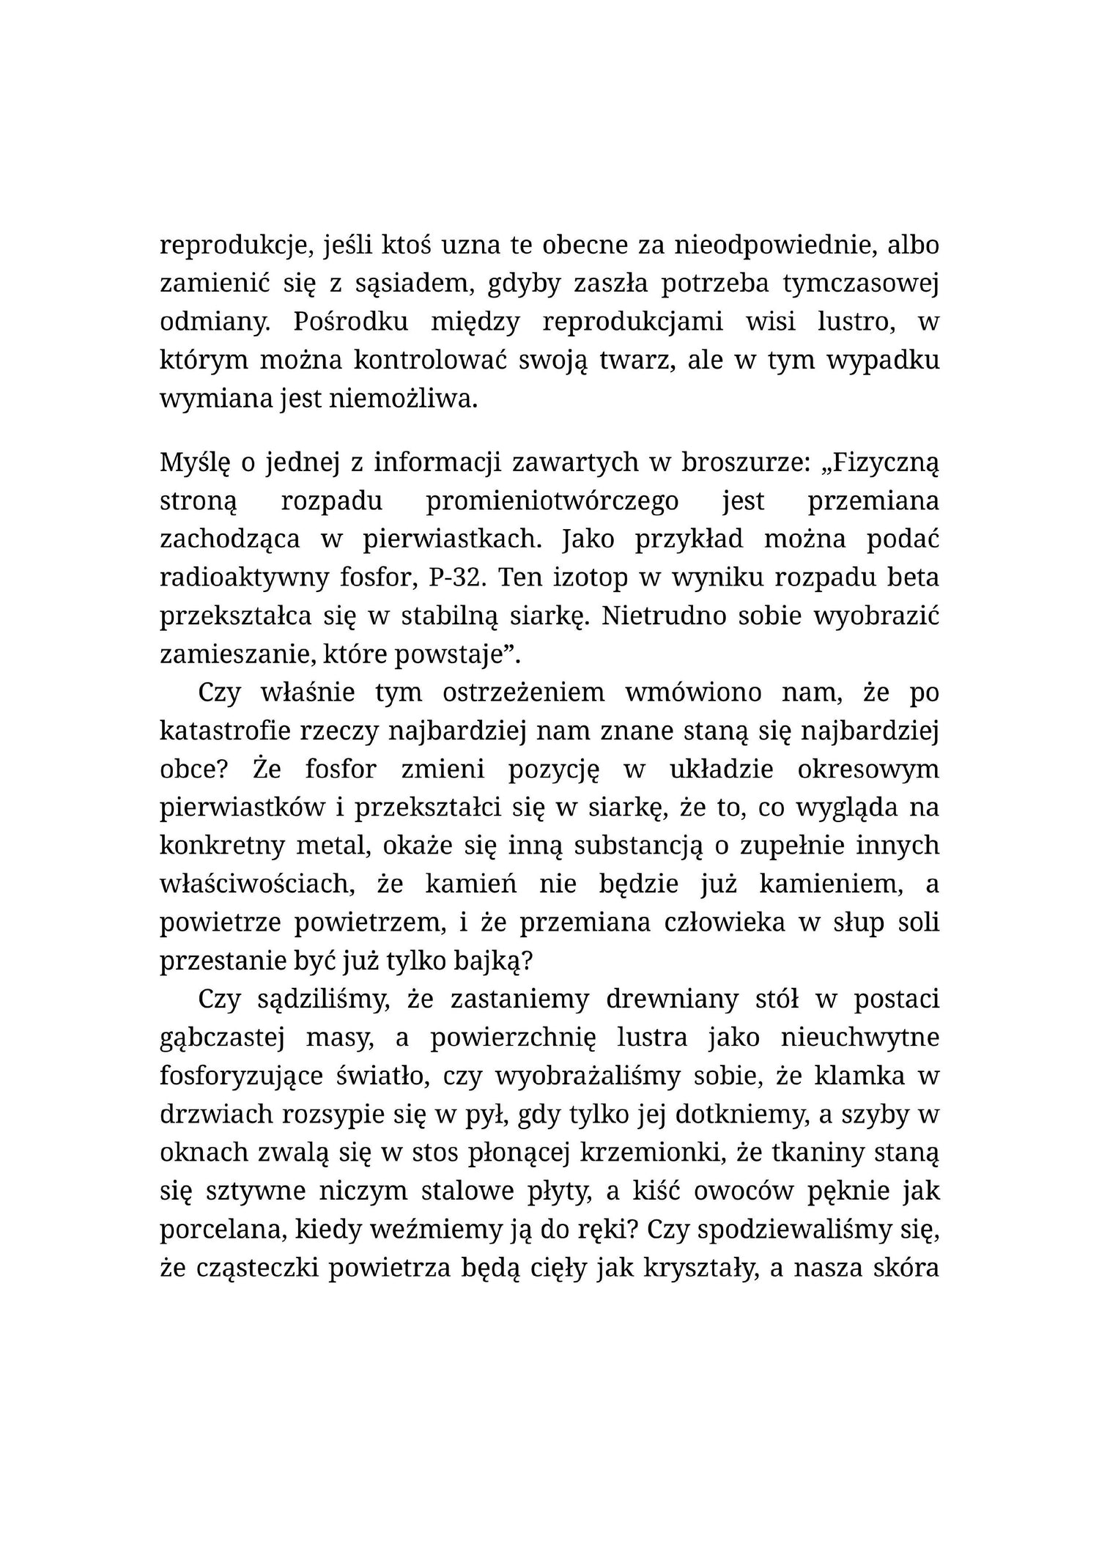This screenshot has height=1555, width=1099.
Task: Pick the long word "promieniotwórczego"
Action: pyautogui.click(x=552, y=501)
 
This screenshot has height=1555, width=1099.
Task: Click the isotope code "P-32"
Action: pyautogui.click(x=454, y=577)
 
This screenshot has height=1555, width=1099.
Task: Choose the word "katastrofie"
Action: pyautogui.click(x=224, y=731)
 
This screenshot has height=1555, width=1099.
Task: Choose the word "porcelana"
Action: pyautogui.click(x=222, y=1230)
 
